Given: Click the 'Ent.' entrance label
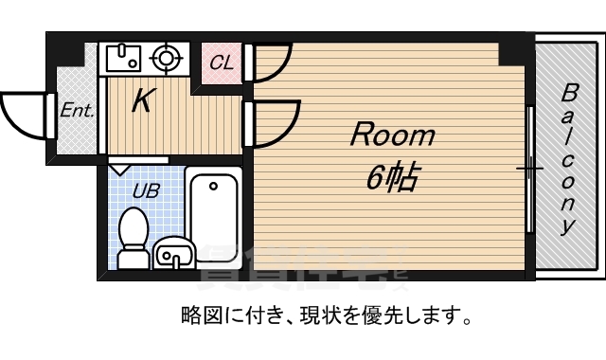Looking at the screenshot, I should click(x=77, y=110).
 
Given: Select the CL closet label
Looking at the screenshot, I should click(x=222, y=63).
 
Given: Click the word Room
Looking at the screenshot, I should click(x=392, y=135).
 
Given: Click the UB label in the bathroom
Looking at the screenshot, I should click(x=146, y=190).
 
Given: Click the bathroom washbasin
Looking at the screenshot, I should click(x=172, y=255).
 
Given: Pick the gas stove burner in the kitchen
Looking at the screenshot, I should click(x=168, y=58).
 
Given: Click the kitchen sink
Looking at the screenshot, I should click(x=124, y=59).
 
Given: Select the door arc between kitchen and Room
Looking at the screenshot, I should click(x=269, y=124).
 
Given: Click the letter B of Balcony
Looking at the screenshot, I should click(x=570, y=93).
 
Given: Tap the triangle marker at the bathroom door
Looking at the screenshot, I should click(x=120, y=170).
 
